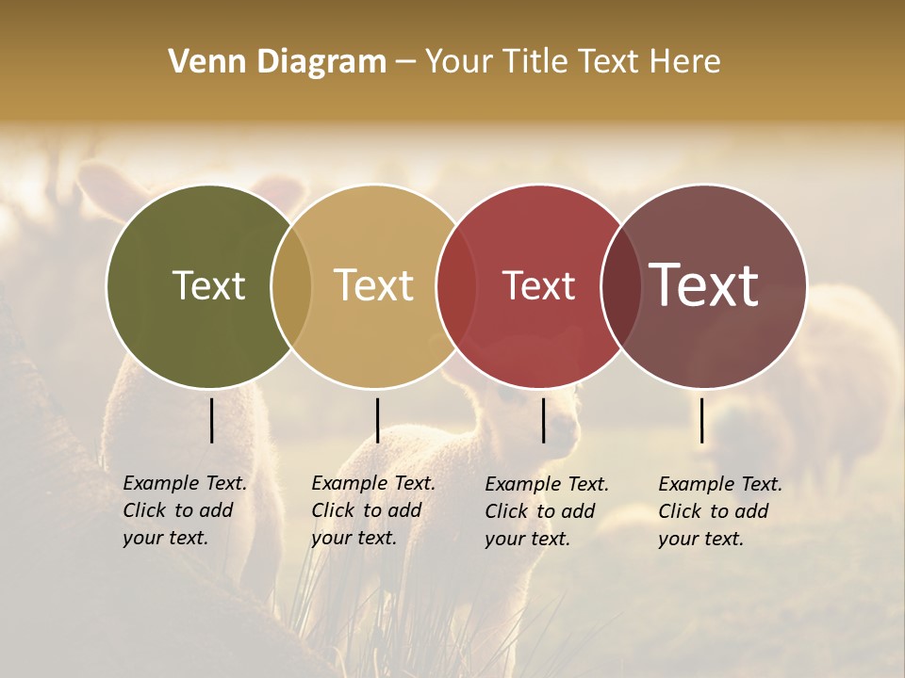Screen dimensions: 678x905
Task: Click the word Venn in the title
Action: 200,62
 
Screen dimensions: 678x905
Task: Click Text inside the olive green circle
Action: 208,285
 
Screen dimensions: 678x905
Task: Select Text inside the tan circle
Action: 373,285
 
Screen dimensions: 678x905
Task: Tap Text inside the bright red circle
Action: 538,285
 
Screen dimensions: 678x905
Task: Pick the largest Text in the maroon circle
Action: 704,285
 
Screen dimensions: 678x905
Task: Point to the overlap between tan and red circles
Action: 455,286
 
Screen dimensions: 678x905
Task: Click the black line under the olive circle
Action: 212,420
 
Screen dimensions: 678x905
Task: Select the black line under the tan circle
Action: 377,420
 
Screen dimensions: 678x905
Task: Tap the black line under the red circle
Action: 544,420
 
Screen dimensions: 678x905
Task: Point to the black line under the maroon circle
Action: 702,420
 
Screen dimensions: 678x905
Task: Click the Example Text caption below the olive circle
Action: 184,510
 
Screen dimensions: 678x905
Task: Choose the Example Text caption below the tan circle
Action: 372,510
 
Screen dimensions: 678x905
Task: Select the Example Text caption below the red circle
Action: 547,511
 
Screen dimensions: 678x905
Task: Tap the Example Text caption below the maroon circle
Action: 719,511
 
